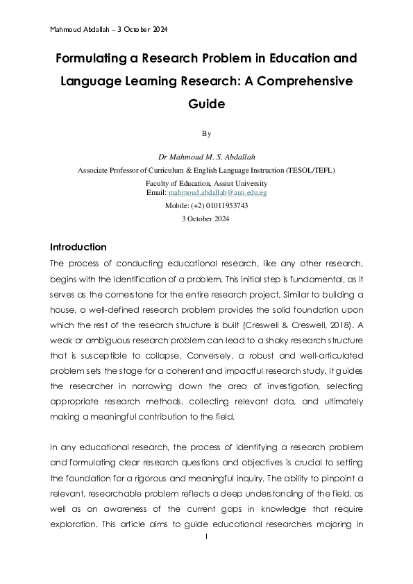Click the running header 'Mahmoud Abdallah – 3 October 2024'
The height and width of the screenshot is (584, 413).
pyautogui.click(x=109, y=30)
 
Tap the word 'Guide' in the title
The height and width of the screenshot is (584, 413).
pyautogui.click(x=206, y=104)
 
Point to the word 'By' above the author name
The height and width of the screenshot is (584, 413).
pyautogui.click(x=206, y=133)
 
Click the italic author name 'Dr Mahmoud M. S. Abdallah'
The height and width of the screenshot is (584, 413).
pyautogui.click(x=206, y=157)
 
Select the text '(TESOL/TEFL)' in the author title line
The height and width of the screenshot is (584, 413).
pyautogui.click(x=310, y=169)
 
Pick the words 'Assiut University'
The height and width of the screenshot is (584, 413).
pyautogui.click(x=240, y=183)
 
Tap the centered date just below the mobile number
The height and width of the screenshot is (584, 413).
pyautogui.click(x=206, y=218)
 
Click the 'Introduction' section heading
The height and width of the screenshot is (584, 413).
pyautogui.click(x=78, y=247)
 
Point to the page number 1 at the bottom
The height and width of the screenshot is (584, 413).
pyautogui.click(x=207, y=538)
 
